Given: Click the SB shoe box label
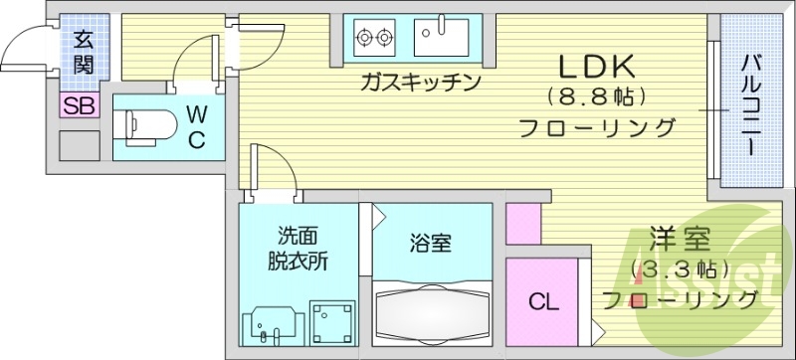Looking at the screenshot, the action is click(x=80, y=105).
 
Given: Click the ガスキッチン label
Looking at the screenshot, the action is click(x=422, y=81).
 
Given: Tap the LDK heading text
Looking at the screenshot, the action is click(x=595, y=67).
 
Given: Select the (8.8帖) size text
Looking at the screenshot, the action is click(x=596, y=97).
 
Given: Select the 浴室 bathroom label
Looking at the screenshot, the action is click(x=432, y=242).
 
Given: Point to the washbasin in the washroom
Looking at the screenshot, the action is click(x=269, y=321).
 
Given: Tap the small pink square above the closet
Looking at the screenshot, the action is click(x=522, y=226).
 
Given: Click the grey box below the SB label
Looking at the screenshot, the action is click(x=79, y=145).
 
